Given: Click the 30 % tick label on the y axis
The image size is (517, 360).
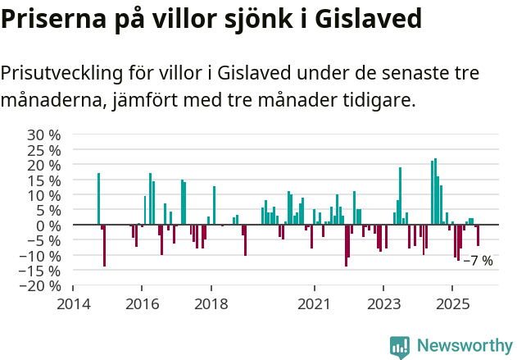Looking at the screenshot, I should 43,134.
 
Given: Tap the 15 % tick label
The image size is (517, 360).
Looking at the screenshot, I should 43,180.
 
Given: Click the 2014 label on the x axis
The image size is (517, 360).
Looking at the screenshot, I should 73,303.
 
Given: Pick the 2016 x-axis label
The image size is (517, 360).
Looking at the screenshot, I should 142,303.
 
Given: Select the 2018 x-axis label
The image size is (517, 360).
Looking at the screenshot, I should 211,303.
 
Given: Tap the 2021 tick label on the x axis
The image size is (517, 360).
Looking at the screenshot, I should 315,303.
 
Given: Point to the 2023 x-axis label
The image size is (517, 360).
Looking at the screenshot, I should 383,303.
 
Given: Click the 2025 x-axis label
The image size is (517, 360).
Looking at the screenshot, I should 452,303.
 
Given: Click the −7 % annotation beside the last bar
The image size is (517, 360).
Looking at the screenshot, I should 478,261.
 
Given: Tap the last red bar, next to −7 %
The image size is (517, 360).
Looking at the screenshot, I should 478,235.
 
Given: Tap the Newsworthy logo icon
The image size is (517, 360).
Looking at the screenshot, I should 400,346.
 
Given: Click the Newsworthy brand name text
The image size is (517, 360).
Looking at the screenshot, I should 464,346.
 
